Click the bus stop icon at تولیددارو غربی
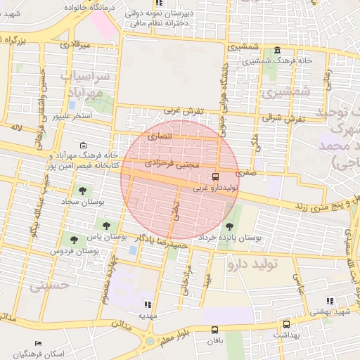[x=215, y=177]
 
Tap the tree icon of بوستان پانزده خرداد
[x=229, y=226]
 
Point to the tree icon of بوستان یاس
[x=106, y=226]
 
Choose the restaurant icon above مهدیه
[x=147, y=304]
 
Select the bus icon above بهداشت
[x=286, y=325]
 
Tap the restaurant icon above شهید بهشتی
[x=330, y=301]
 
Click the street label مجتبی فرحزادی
[x=172, y=163]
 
